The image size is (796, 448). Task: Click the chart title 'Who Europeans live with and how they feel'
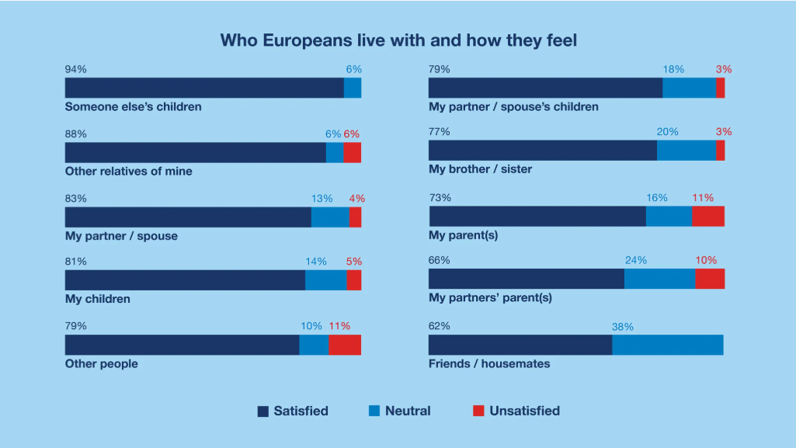click(x=398, y=40)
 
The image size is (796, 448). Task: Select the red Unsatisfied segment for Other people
click(x=345, y=345)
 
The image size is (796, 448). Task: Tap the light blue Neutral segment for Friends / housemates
click(x=668, y=345)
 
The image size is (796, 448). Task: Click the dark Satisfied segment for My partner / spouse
click(x=188, y=217)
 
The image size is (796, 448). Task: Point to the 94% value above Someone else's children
click(x=75, y=69)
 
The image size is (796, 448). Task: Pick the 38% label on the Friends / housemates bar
click(x=622, y=327)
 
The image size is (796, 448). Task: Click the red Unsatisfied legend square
click(x=478, y=412)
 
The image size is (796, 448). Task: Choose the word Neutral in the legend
click(x=408, y=411)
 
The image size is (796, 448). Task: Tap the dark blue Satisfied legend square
click(x=263, y=412)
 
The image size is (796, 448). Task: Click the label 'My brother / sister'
click(x=480, y=168)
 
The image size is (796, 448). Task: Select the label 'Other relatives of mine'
click(x=128, y=171)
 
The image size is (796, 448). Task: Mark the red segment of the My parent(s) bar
click(x=708, y=217)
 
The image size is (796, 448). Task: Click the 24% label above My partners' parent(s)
click(x=635, y=260)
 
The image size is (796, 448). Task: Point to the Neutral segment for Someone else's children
click(x=353, y=88)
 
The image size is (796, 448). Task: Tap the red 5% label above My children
click(x=354, y=262)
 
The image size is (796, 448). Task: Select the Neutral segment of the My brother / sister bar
click(x=687, y=151)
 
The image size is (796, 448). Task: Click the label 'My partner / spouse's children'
click(x=513, y=106)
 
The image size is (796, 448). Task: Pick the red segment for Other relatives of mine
click(x=352, y=152)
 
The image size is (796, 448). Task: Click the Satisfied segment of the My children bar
click(x=185, y=280)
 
